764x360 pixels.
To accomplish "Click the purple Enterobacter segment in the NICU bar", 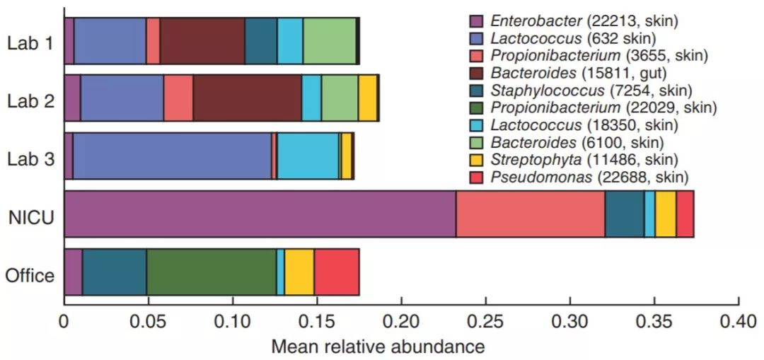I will [x=260, y=213].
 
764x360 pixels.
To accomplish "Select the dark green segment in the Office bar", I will [x=212, y=272].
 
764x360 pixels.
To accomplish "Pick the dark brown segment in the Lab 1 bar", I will [x=202, y=41].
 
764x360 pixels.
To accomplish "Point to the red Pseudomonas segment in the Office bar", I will [x=337, y=272].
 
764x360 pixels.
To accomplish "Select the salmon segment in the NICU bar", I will [x=530, y=213].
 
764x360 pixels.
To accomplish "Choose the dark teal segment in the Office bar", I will [x=115, y=272].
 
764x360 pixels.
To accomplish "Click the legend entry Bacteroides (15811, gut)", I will [x=580, y=73].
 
